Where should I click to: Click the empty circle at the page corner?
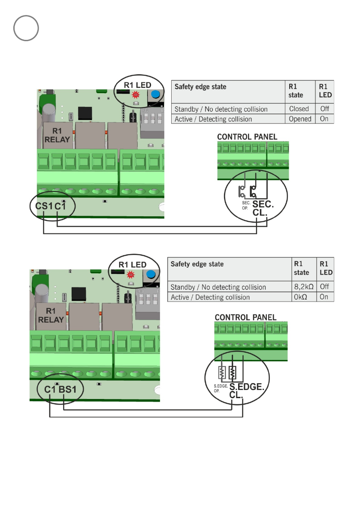point(26,28)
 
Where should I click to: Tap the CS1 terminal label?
point(44,206)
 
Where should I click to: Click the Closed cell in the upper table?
point(299,109)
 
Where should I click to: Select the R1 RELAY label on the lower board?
point(51,315)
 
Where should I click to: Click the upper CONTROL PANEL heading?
point(247,137)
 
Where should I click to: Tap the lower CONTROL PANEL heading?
point(245,317)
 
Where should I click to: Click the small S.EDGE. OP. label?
point(221,388)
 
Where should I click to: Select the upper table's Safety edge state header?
point(200,87)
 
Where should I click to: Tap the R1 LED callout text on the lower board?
point(132,264)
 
